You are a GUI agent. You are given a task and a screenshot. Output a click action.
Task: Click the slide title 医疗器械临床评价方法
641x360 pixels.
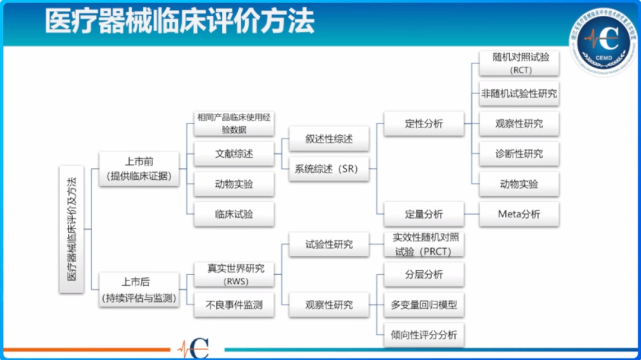[x=165, y=21]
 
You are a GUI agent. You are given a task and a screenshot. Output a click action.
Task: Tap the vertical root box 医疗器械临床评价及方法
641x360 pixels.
[x=70, y=229]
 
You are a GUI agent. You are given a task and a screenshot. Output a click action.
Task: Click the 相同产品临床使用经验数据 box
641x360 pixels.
[x=233, y=123]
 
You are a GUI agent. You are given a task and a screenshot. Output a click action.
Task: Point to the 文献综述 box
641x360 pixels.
[x=233, y=154]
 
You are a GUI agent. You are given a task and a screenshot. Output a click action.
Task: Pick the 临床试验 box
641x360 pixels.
[x=233, y=214]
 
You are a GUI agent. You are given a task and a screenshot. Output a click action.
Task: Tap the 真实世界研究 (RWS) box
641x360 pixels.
[x=233, y=274]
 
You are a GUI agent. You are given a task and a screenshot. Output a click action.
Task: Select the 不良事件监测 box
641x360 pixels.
[x=233, y=304]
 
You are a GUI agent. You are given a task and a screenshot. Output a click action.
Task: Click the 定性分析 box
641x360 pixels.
[x=425, y=124]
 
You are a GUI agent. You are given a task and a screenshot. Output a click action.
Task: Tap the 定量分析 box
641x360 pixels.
[x=425, y=214]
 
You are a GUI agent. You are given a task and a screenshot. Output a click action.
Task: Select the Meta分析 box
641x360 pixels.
[x=518, y=214]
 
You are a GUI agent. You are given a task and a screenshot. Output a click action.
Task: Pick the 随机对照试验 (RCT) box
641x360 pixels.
[x=518, y=64]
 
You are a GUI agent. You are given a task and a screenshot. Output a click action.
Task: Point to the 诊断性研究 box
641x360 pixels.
[x=518, y=154]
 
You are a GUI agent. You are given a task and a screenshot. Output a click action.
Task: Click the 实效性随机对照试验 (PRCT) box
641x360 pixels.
[x=425, y=244]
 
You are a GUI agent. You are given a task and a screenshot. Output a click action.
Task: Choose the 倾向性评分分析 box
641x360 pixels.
[x=425, y=334]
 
